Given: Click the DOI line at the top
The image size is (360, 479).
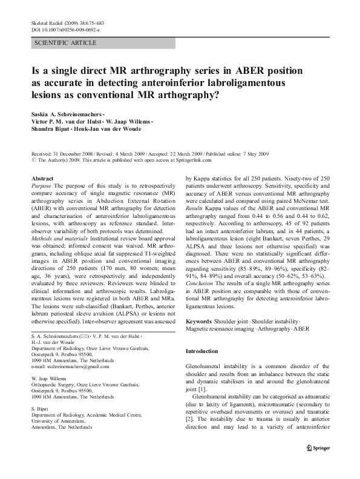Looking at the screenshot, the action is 65,29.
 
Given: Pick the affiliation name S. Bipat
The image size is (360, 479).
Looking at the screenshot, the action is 39,409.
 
